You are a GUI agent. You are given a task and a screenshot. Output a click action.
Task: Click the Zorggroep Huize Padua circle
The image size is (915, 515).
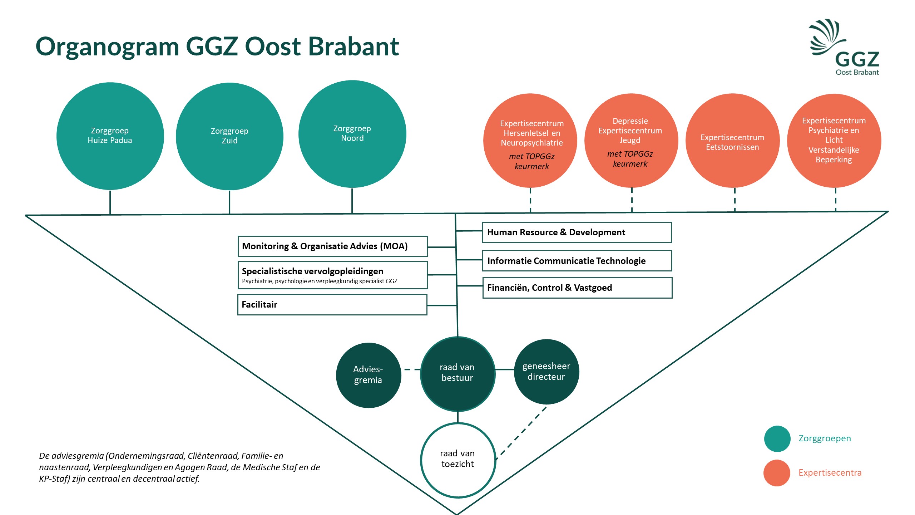(x=110, y=136)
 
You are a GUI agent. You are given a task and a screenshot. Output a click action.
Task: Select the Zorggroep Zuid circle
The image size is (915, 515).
(x=229, y=136)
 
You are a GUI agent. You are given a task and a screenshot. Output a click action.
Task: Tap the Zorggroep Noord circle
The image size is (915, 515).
(x=352, y=134)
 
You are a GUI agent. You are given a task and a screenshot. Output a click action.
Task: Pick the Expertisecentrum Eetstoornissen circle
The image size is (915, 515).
(x=732, y=141)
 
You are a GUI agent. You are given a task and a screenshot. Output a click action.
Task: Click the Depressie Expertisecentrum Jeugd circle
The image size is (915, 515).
(x=631, y=141)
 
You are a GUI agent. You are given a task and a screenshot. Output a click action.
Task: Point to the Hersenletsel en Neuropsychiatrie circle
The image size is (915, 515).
(x=530, y=141)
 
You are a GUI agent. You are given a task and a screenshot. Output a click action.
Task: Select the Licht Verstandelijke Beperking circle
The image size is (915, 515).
(x=834, y=141)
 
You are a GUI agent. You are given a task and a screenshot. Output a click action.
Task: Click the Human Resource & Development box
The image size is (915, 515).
(x=577, y=232)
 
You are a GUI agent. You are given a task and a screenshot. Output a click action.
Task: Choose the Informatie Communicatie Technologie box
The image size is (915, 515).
(x=577, y=261)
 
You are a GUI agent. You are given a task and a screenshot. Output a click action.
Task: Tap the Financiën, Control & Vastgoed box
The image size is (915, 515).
(x=577, y=288)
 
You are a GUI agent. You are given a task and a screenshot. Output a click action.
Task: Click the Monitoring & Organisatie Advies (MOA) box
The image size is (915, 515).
(x=332, y=246)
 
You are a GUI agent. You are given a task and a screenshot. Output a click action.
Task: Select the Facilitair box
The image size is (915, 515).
(x=332, y=305)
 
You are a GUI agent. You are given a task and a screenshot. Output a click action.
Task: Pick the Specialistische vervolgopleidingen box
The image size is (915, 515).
(x=332, y=275)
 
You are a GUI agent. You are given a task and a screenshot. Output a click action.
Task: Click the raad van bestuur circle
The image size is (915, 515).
(x=457, y=374)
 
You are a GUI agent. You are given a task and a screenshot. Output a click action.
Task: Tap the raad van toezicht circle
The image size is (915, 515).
(x=458, y=460)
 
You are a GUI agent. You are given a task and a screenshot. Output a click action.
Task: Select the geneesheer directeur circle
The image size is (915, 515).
(x=546, y=372)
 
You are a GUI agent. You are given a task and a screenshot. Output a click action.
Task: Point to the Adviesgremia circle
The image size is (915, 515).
(x=368, y=375)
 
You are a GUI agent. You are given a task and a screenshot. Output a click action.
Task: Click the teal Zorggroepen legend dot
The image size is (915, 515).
(x=777, y=438)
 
